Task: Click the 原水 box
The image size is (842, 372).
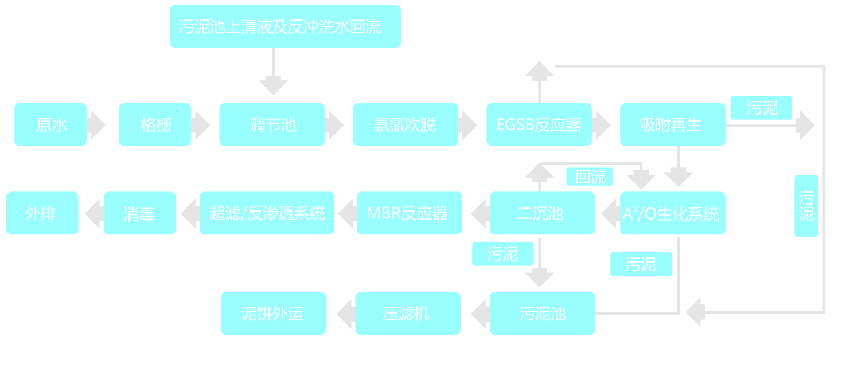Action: (50, 124)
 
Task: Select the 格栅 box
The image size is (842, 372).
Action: (155, 124)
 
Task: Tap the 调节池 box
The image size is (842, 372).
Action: (272, 124)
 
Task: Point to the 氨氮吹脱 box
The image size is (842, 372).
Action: (406, 124)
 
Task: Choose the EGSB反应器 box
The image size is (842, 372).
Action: (539, 124)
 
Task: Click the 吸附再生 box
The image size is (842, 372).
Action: (672, 124)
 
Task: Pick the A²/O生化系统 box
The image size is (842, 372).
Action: (672, 213)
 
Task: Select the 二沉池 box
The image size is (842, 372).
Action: (542, 213)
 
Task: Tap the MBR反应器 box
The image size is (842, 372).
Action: (409, 213)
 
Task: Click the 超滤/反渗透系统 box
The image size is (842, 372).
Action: (267, 213)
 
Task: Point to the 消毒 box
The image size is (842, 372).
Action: (139, 213)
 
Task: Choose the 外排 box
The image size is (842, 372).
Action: (42, 213)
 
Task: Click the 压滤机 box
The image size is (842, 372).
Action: (408, 314)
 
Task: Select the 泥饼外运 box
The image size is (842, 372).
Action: (273, 314)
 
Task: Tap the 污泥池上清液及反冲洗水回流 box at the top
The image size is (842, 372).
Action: (285, 26)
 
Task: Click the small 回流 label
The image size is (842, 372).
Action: (589, 177)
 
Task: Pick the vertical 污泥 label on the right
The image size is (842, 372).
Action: (806, 206)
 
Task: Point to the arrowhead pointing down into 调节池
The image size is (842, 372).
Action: (273, 87)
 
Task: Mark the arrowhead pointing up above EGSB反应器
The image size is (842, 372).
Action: (539, 70)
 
